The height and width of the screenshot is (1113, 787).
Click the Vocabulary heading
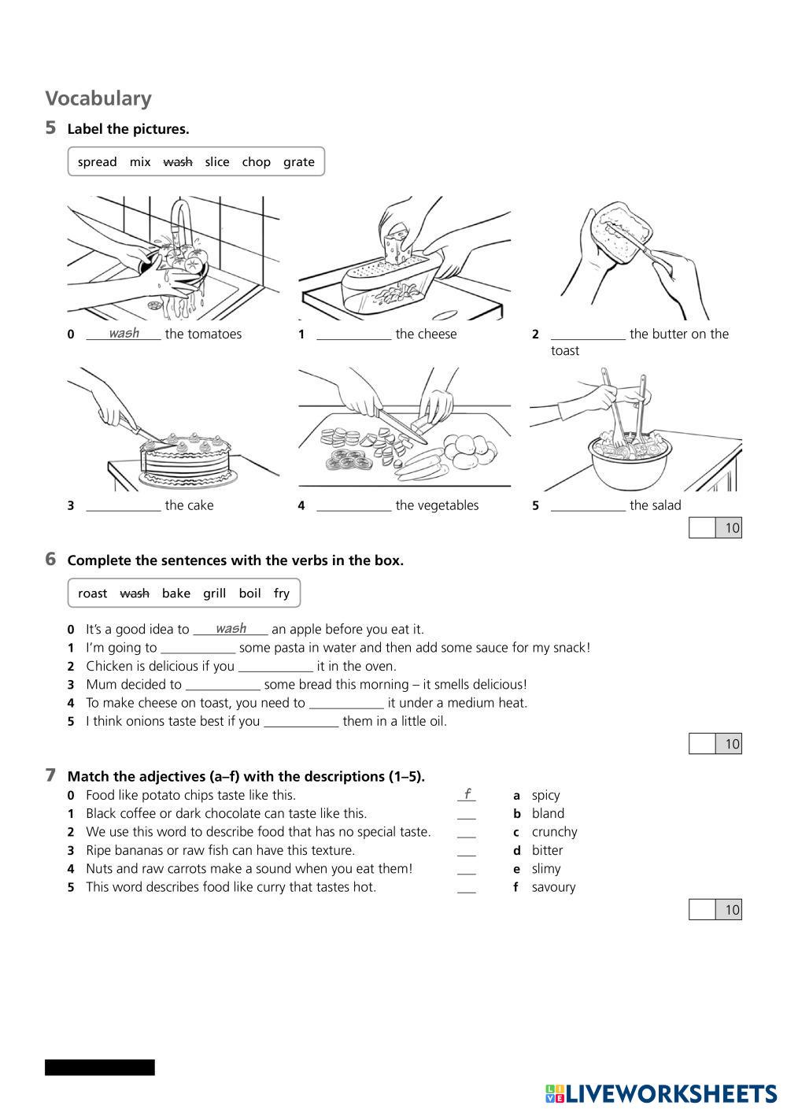point(98,98)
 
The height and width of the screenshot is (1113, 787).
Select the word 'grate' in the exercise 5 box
point(298,162)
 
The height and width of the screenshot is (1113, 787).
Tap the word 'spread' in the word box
point(97,162)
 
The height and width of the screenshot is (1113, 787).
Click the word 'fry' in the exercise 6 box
point(281,593)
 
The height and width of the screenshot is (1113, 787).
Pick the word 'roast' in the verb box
point(92,593)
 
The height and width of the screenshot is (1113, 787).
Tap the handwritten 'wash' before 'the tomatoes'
point(124,333)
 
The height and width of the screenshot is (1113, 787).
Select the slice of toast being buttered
point(622,232)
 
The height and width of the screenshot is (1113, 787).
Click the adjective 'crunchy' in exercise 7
point(554,832)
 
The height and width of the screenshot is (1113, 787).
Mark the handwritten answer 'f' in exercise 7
point(467,793)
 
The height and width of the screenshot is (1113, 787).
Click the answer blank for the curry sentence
point(467,888)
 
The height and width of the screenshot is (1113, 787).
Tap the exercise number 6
point(50,560)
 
